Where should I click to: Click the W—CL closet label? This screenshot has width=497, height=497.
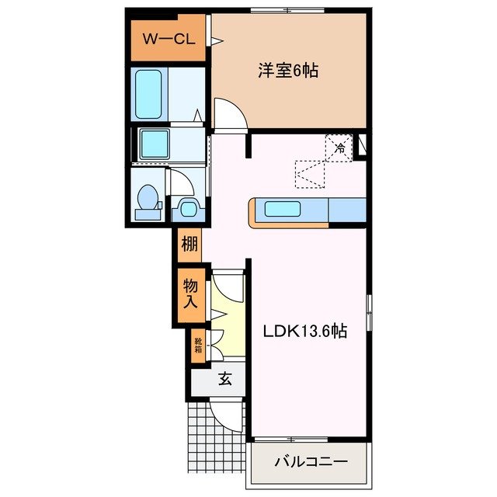(167, 39)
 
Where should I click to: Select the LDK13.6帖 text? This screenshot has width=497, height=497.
(303, 331)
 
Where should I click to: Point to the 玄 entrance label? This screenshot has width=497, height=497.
(224, 380)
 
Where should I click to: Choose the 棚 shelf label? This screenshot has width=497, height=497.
(189, 246)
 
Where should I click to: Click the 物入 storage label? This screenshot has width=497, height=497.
(189, 294)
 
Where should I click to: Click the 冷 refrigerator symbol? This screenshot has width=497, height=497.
(340, 145)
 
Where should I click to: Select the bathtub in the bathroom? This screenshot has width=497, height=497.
(151, 94)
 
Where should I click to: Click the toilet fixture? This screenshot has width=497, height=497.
(144, 200)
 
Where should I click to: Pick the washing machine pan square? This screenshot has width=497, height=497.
(158, 143)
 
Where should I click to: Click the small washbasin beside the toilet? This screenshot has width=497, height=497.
(187, 207)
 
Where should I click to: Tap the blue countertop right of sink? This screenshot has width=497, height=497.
(346, 208)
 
